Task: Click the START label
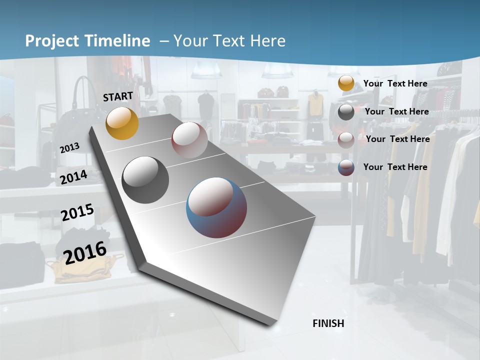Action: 118,96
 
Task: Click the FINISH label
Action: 328,323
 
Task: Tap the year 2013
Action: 70,147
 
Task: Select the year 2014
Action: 73,177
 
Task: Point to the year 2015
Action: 77,212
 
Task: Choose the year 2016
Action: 85,252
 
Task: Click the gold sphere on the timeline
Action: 122,123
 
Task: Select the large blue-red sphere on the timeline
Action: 216,207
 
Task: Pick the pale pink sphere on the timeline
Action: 189,140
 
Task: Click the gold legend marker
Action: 346,83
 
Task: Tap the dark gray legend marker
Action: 346,112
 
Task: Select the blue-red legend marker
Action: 346,167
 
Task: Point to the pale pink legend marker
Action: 346,140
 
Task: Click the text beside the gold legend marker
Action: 395,83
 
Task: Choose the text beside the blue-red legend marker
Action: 395,167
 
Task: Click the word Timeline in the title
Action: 118,41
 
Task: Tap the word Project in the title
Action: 52,41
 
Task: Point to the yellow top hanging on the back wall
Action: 315,104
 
